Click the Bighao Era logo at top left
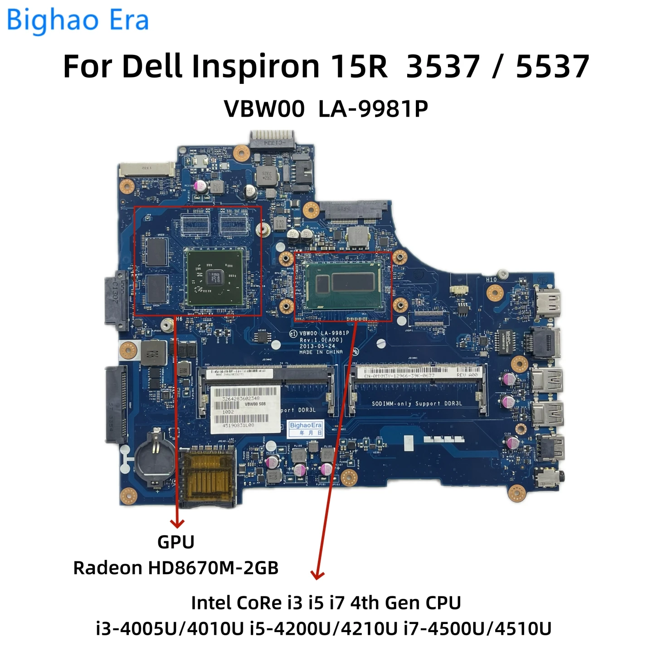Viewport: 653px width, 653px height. click(78, 20)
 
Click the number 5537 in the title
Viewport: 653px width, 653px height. click(552, 67)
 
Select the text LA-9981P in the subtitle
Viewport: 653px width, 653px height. click(373, 109)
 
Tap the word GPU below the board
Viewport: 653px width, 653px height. click(176, 542)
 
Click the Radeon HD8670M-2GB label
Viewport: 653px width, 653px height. click(176, 568)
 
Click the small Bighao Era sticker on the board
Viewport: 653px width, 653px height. click(306, 429)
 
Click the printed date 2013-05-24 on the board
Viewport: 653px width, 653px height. click(317, 346)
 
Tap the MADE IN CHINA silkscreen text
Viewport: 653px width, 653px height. click(321, 352)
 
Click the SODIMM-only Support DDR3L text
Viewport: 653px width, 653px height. click(417, 404)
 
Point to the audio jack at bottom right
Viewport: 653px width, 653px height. click(550, 477)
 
